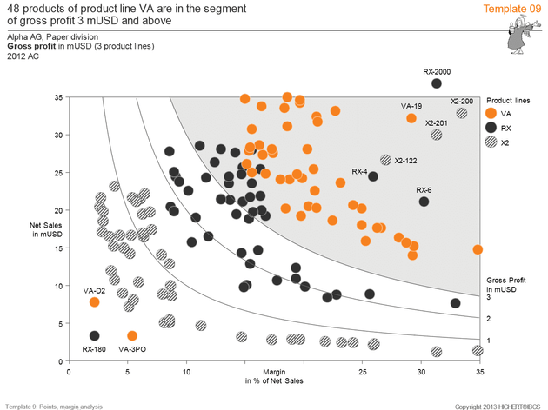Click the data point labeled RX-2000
tap(437, 83)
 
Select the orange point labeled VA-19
tap(411, 118)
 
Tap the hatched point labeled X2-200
tap(462, 113)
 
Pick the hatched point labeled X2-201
tap(437, 135)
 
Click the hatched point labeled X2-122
tap(385, 160)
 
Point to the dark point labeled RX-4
tap(373, 176)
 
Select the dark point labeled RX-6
tap(424, 202)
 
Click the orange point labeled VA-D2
tap(94, 301)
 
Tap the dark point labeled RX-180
tap(94, 335)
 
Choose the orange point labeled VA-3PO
tap(132, 335)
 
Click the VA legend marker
tap(492, 114)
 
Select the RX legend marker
tap(492, 128)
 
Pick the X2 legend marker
tap(492, 142)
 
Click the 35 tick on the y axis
tap(58, 97)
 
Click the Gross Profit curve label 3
tap(489, 297)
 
